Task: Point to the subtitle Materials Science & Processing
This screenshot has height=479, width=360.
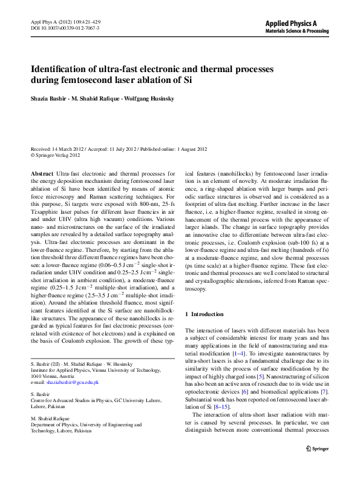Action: (298, 30)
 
